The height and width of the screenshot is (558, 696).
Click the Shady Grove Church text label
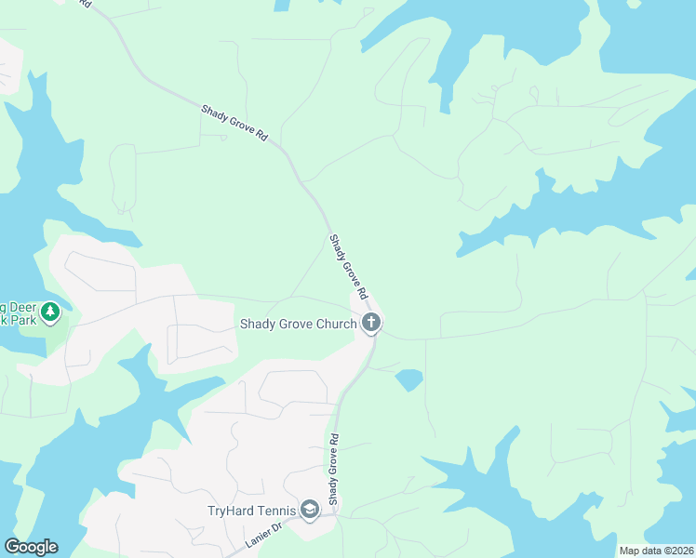coord(298,324)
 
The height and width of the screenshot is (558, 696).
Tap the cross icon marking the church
coord(371,324)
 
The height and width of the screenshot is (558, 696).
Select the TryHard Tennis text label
coord(252,510)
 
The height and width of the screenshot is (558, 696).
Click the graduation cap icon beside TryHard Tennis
coord(310,510)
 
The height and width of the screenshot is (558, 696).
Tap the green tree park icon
coord(50,312)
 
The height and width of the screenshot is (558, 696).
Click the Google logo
coord(31,547)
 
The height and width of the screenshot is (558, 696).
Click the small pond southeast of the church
coord(408,379)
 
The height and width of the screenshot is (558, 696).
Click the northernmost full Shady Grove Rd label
coord(234,123)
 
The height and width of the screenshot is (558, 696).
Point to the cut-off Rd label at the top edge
coord(86,4)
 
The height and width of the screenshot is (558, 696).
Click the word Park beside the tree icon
coord(26,319)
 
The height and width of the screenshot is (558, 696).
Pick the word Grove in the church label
coord(295,324)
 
